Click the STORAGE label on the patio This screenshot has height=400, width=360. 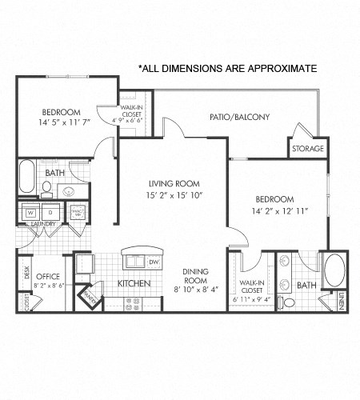tap(307, 149)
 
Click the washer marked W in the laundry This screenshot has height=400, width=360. tap(30, 213)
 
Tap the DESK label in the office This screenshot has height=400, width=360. tap(26, 271)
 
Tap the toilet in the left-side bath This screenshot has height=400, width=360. tap(46, 190)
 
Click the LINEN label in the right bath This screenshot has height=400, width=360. tap(342, 302)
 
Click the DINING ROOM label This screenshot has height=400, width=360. tap(196, 277)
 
